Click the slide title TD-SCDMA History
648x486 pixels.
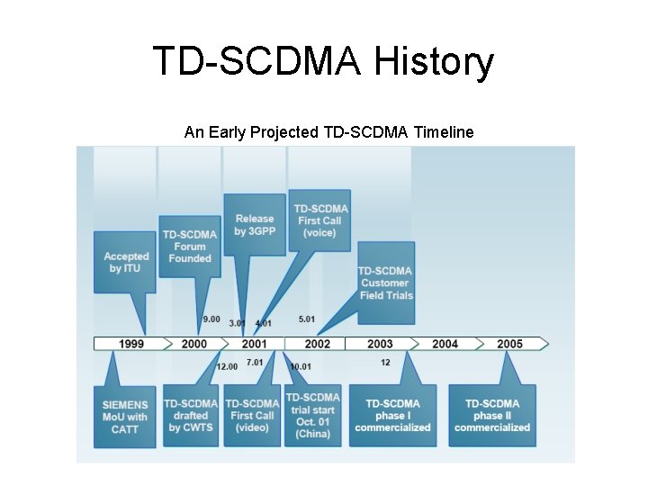[x=323, y=62]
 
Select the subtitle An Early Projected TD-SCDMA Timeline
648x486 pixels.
[x=328, y=132]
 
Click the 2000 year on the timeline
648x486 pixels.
[x=193, y=344]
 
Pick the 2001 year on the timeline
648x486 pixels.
[x=254, y=344]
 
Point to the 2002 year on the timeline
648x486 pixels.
[x=317, y=344]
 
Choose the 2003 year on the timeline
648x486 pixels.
[x=380, y=344]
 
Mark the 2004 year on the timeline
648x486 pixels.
[x=445, y=344]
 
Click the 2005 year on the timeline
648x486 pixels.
[x=509, y=344]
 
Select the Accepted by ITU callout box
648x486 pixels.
[x=126, y=263]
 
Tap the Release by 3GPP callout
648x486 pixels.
[x=254, y=225]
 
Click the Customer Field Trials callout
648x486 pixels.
[x=386, y=283]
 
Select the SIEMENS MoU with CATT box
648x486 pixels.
[x=124, y=416]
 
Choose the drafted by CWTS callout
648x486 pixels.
[x=190, y=416]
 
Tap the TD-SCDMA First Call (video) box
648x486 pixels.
[x=252, y=416]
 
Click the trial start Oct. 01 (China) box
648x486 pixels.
[x=312, y=416]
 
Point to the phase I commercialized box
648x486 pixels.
[x=392, y=416]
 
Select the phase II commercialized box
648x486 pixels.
[x=492, y=416]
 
